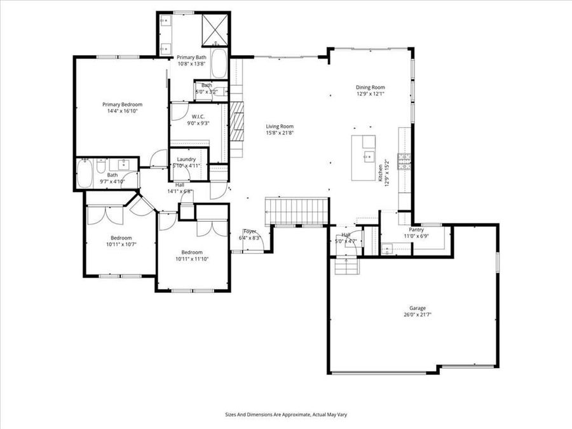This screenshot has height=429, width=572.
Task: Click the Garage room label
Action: (x=414, y=308)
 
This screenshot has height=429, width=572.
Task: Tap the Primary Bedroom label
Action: (x=123, y=104)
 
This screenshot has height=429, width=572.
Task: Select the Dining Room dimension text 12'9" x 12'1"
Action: (x=371, y=94)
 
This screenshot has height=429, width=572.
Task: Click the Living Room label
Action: (x=280, y=126)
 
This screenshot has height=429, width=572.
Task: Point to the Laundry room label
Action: (x=186, y=159)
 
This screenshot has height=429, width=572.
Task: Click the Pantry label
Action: (x=416, y=229)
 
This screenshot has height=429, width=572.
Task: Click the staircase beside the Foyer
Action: (x=297, y=210)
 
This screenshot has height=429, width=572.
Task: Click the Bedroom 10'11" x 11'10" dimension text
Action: (x=192, y=259)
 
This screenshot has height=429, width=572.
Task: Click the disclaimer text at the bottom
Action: (x=286, y=414)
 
